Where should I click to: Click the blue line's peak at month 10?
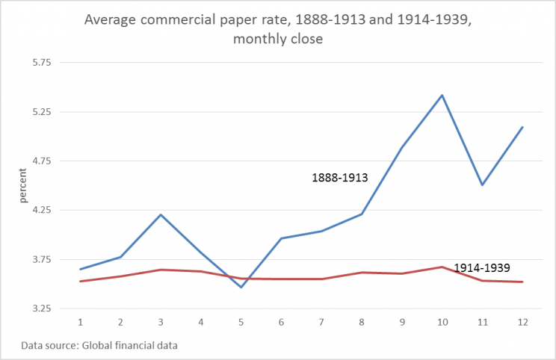click(442, 96)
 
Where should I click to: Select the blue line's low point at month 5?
click(241, 288)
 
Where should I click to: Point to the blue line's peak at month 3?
click(161, 215)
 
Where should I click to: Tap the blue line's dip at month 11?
click(483, 185)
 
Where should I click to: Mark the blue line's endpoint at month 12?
click(523, 127)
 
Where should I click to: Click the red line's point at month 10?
click(442, 267)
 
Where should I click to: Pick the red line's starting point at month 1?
click(80, 282)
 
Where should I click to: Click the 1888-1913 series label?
click(340, 178)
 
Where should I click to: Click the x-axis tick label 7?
click(322, 321)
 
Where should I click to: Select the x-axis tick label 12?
click(523, 321)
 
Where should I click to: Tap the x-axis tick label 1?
click(80, 321)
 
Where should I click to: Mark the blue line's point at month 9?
click(402, 148)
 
